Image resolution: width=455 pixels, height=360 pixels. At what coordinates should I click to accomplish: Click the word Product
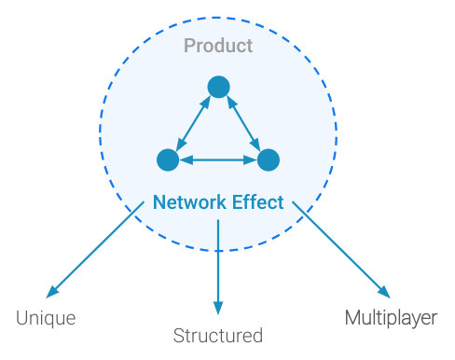[218, 45]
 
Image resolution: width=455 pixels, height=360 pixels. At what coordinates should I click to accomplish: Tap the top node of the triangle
[218, 87]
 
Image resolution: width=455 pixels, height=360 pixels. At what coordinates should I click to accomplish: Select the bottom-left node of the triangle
[168, 159]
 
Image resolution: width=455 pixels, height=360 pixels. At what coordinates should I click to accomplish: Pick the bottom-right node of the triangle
[269, 159]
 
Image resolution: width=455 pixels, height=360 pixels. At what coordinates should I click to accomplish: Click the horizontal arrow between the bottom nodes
[218, 160]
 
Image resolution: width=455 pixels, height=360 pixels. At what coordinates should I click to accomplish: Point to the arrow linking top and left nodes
[193, 123]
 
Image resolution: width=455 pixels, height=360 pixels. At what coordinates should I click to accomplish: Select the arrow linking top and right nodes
[243, 123]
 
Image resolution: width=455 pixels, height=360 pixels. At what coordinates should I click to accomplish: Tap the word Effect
[258, 202]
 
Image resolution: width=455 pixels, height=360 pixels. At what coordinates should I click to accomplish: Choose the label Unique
[46, 318]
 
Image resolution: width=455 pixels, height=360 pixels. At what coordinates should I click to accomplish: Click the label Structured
[218, 336]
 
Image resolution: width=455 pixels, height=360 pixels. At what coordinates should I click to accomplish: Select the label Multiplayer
[391, 318]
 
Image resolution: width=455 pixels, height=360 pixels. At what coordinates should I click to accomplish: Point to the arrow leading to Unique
[93, 252]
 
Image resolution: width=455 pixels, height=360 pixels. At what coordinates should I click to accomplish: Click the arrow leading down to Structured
[218, 266]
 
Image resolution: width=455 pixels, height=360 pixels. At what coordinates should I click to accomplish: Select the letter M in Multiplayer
[352, 318]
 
